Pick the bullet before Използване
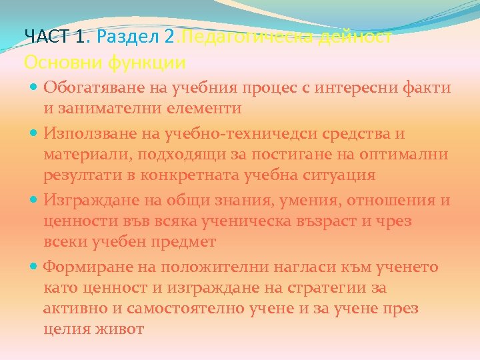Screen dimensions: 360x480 34,134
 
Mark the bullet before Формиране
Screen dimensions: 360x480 34,267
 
